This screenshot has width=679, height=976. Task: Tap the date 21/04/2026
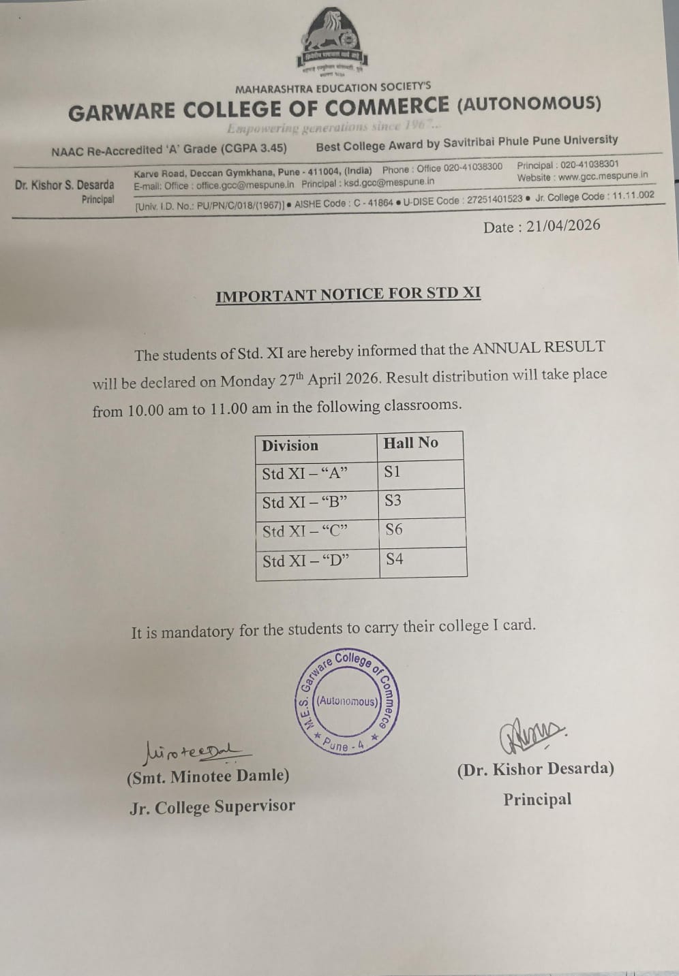click(562, 226)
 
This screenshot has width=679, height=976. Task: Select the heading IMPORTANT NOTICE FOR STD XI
click(348, 294)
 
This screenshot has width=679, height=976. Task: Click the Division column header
click(290, 445)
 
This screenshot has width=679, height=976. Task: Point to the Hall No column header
click(410, 443)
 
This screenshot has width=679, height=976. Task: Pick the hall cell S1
click(393, 471)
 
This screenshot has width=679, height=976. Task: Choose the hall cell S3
click(393, 501)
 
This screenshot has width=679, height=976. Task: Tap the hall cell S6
click(394, 529)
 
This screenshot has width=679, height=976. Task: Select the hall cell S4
click(395, 559)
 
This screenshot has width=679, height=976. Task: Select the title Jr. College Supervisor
click(212, 807)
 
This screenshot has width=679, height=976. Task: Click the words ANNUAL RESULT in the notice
click(539, 347)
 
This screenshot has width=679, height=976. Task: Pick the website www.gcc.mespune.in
click(603, 176)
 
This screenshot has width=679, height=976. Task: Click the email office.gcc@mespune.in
click(245, 185)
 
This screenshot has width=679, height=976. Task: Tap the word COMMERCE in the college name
click(387, 107)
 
